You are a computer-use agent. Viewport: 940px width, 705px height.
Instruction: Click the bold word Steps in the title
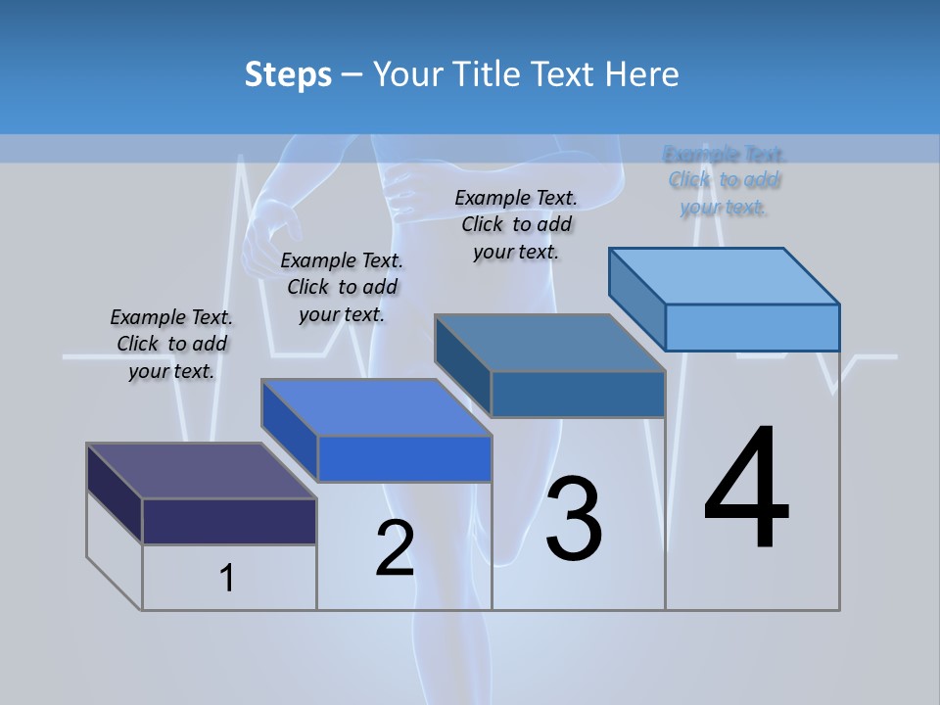point(288,74)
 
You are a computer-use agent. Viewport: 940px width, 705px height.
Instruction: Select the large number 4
point(746,490)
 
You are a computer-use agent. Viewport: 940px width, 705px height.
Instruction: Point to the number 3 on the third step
point(574,518)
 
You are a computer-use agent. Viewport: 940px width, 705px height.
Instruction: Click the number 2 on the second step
point(395,548)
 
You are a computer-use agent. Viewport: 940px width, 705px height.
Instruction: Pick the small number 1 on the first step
point(227,579)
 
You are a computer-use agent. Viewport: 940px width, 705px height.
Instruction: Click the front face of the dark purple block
point(229,521)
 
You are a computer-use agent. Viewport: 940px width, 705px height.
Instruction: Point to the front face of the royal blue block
point(404,458)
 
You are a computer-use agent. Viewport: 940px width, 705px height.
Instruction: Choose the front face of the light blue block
point(752,327)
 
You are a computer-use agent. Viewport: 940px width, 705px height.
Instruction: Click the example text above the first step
point(171,344)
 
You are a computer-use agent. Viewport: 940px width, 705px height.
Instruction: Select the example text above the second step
point(342,287)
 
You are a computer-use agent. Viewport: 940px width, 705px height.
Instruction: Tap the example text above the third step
point(516,224)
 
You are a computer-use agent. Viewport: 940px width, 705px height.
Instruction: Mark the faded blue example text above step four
point(725,180)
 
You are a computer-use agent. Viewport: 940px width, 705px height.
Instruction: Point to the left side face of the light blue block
point(636,298)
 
